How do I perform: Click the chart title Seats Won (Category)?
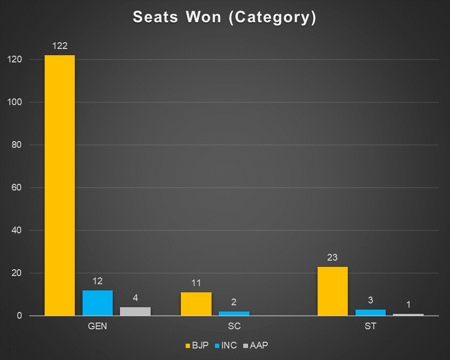point(225,18)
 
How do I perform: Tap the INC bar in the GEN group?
point(97,303)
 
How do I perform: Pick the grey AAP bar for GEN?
point(135,311)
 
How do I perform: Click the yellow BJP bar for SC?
point(196,304)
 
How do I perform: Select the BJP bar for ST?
point(332,291)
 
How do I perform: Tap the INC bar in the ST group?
point(370,312)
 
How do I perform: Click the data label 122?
point(59,47)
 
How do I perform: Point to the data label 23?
point(332,258)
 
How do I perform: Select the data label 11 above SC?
point(196,283)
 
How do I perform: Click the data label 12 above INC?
point(97,281)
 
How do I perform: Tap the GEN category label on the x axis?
point(97,326)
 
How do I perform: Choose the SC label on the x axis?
point(234,326)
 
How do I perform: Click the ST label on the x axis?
point(370,326)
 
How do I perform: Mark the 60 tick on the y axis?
point(17,188)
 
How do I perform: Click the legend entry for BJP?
point(197,346)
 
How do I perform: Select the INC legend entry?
point(225,346)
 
